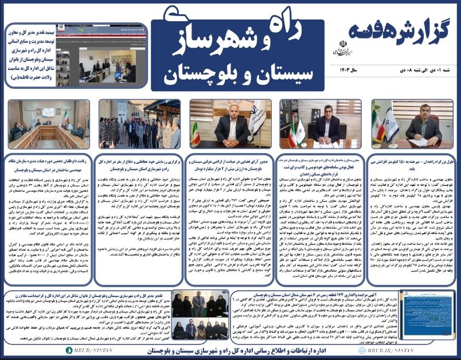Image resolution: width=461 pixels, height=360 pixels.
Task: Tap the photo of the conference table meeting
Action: (x=49, y=124)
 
